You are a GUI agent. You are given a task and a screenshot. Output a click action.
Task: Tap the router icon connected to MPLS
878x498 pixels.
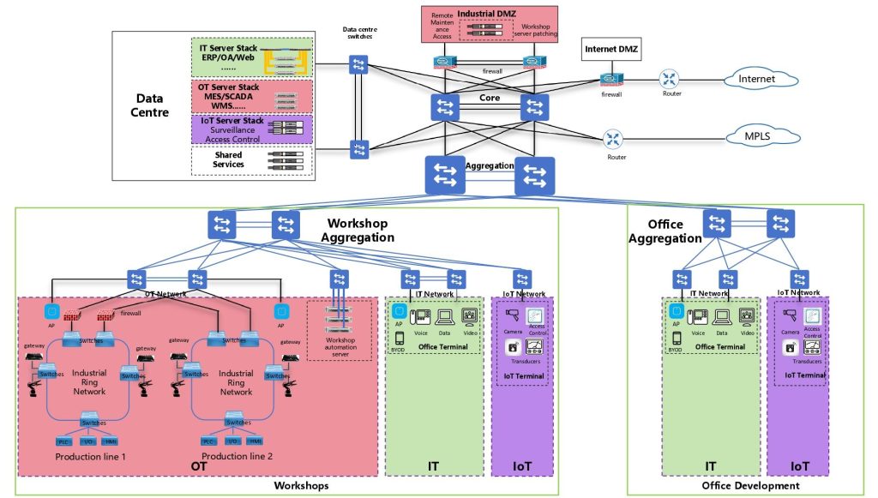pyautogui.click(x=614, y=139)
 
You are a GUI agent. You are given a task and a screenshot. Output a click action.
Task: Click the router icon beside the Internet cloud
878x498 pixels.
pyautogui.click(x=669, y=80)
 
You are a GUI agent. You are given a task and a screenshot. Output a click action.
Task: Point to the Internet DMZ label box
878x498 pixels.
pyautogui.click(x=610, y=49)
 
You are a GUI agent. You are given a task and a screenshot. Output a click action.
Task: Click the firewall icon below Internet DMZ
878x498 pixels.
pyautogui.click(x=610, y=80)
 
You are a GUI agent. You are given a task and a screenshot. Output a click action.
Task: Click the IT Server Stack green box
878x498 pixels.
pyautogui.click(x=251, y=58)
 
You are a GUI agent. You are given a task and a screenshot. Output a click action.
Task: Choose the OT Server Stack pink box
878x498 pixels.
pyautogui.click(x=251, y=96)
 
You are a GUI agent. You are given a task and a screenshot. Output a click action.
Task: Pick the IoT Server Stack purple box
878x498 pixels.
pyautogui.click(x=251, y=129)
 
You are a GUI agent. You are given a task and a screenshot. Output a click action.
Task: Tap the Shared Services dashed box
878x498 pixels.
pyautogui.click(x=251, y=160)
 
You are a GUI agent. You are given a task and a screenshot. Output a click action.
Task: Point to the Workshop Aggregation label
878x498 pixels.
pyautogui.click(x=357, y=230)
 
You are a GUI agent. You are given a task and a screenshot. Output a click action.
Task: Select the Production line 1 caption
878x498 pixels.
pyautogui.click(x=90, y=457)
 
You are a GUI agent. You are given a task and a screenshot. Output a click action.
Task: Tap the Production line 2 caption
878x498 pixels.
pyautogui.click(x=237, y=457)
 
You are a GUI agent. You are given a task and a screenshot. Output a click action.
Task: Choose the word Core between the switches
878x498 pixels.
pyautogui.click(x=490, y=99)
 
